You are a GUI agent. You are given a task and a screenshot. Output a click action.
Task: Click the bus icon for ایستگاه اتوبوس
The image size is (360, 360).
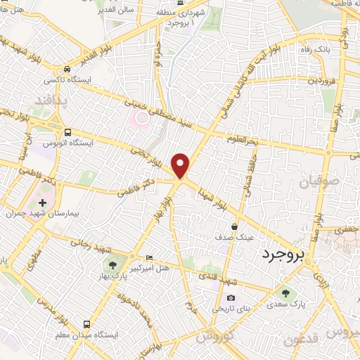pos(67,132)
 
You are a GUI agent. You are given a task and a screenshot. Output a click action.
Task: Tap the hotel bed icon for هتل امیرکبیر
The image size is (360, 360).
pos(148,258)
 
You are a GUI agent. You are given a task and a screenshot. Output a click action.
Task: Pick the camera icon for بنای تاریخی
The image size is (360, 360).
pos(231,298)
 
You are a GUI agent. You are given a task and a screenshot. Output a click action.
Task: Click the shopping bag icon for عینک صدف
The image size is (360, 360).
pos(235,226)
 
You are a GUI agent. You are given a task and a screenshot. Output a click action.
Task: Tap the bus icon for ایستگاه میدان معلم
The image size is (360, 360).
pos(86,325)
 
